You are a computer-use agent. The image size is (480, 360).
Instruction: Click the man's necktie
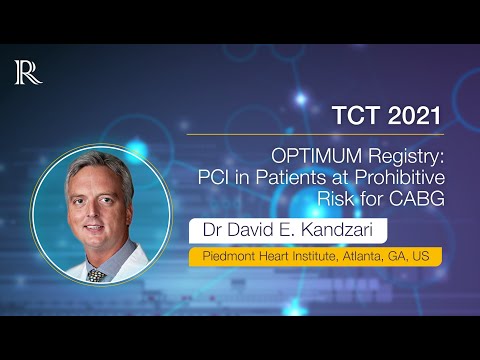point(97,273)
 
